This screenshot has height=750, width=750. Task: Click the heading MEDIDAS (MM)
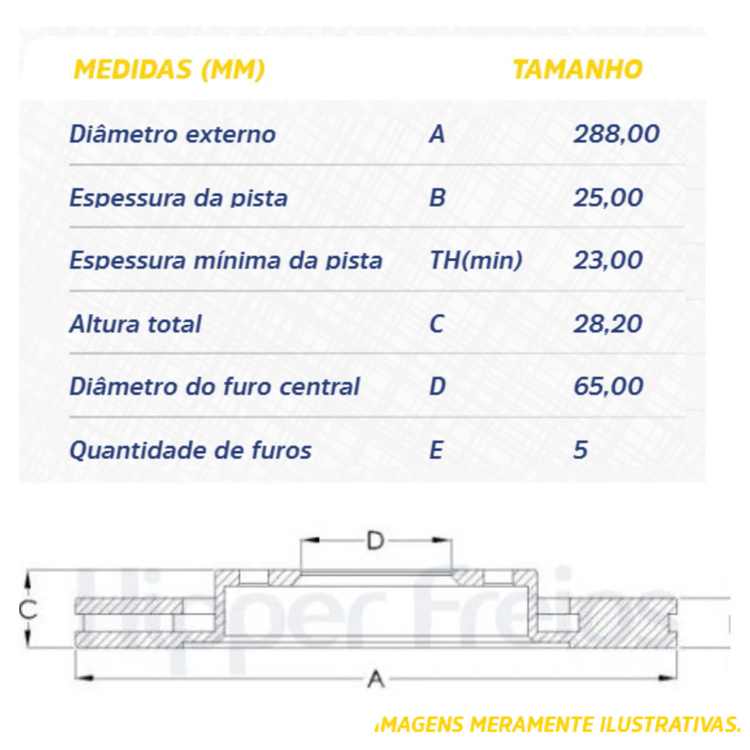coord(169,69)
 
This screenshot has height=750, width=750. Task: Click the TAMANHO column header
coord(577,69)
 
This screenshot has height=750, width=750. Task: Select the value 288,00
coord(616,134)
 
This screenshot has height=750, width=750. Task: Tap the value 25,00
coord(608,198)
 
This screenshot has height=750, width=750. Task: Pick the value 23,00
coord(608,261)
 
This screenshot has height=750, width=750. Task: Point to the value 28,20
coord(608,324)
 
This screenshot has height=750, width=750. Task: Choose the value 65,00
coord(608,387)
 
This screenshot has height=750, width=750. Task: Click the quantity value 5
coord(581,450)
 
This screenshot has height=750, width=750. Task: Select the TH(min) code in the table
coord(476,261)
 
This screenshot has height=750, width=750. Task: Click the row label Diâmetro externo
coord(172,134)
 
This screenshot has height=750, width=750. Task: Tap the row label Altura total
coord(136,324)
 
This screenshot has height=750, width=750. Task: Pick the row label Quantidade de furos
coord(191,451)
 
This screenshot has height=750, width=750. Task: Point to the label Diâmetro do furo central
coord(214,387)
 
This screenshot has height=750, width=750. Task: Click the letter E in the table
coord(436,450)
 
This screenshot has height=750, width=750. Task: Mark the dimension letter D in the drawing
coord(375,541)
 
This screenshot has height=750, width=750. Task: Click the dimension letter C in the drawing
coord(28,609)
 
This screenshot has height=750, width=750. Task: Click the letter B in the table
coord(437,198)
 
